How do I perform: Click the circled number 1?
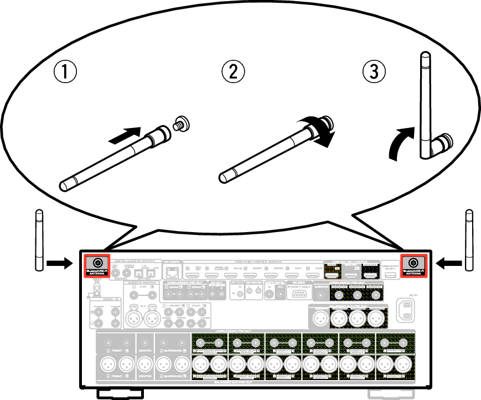pyautogui.click(x=65, y=71)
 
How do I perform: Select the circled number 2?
pyautogui.click(x=233, y=71)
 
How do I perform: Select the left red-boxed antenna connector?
pyautogui.click(x=97, y=263)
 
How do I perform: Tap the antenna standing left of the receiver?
pyautogui.click(x=39, y=239)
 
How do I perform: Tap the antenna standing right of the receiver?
pyautogui.click(x=469, y=239)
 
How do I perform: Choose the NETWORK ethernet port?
pyautogui.click(x=173, y=271)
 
